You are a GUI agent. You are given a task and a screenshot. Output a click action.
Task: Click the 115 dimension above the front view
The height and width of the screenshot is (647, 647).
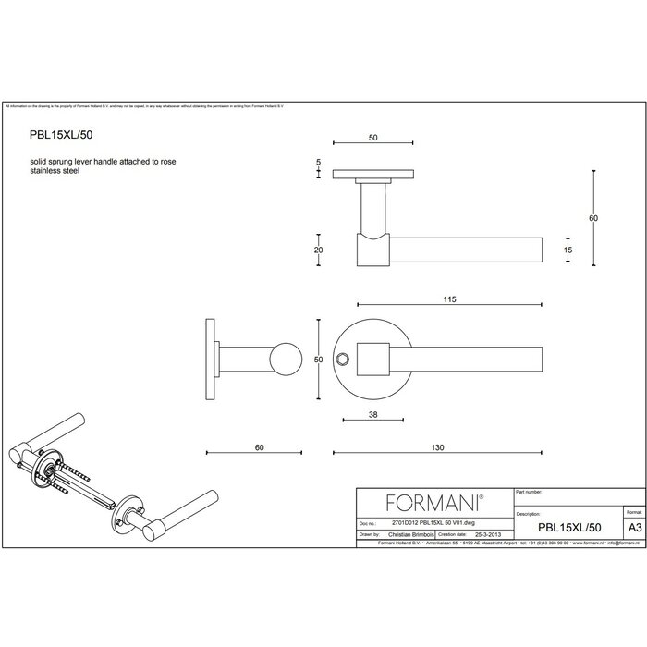click(449, 300)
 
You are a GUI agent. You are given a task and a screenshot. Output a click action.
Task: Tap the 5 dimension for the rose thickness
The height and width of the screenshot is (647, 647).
click(318, 163)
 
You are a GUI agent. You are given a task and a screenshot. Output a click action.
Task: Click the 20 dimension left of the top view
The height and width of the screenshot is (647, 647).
click(318, 250)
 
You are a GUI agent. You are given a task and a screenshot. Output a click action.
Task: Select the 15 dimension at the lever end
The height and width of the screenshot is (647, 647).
click(568, 250)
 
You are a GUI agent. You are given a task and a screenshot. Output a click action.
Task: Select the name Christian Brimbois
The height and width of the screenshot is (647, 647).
click(410, 533)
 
